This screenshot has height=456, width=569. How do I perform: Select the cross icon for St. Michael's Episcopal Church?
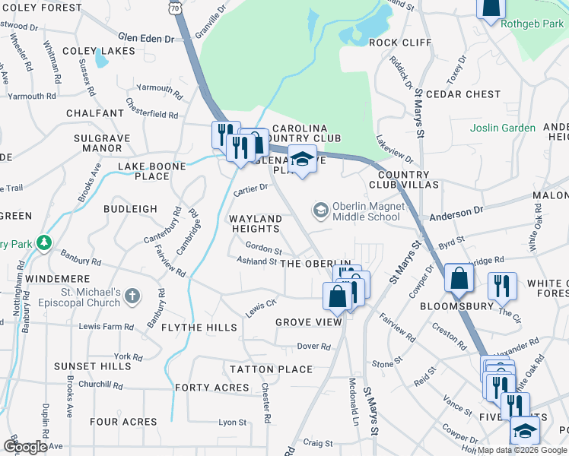coord(132,295)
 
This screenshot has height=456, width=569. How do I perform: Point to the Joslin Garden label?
coord(502,128)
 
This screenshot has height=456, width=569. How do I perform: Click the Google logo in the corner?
coord(25,447)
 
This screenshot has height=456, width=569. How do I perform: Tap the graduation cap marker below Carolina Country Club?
coord(302,160)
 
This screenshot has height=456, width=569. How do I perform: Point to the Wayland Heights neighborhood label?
coord(256,223)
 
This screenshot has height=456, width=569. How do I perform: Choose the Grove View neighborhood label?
coord(309,322)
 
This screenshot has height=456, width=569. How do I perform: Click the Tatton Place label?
coord(272,369)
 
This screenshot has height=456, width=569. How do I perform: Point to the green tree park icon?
coord(45,243)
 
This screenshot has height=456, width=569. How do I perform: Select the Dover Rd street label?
coord(313,346)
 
